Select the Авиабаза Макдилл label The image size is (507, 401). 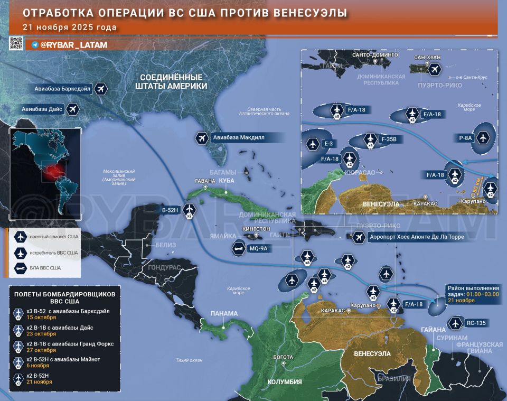click(x=238, y=137)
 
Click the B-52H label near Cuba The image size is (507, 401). click(x=170, y=210)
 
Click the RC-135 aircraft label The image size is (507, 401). click(x=473, y=323)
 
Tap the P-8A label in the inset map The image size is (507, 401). click(x=465, y=138)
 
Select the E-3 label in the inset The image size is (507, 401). click(x=328, y=144)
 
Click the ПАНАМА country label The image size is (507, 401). click(x=224, y=313)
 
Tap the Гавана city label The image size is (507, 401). click(x=205, y=181)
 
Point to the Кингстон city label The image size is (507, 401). click(x=256, y=229)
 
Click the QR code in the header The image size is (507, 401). click(x=15, y=44)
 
